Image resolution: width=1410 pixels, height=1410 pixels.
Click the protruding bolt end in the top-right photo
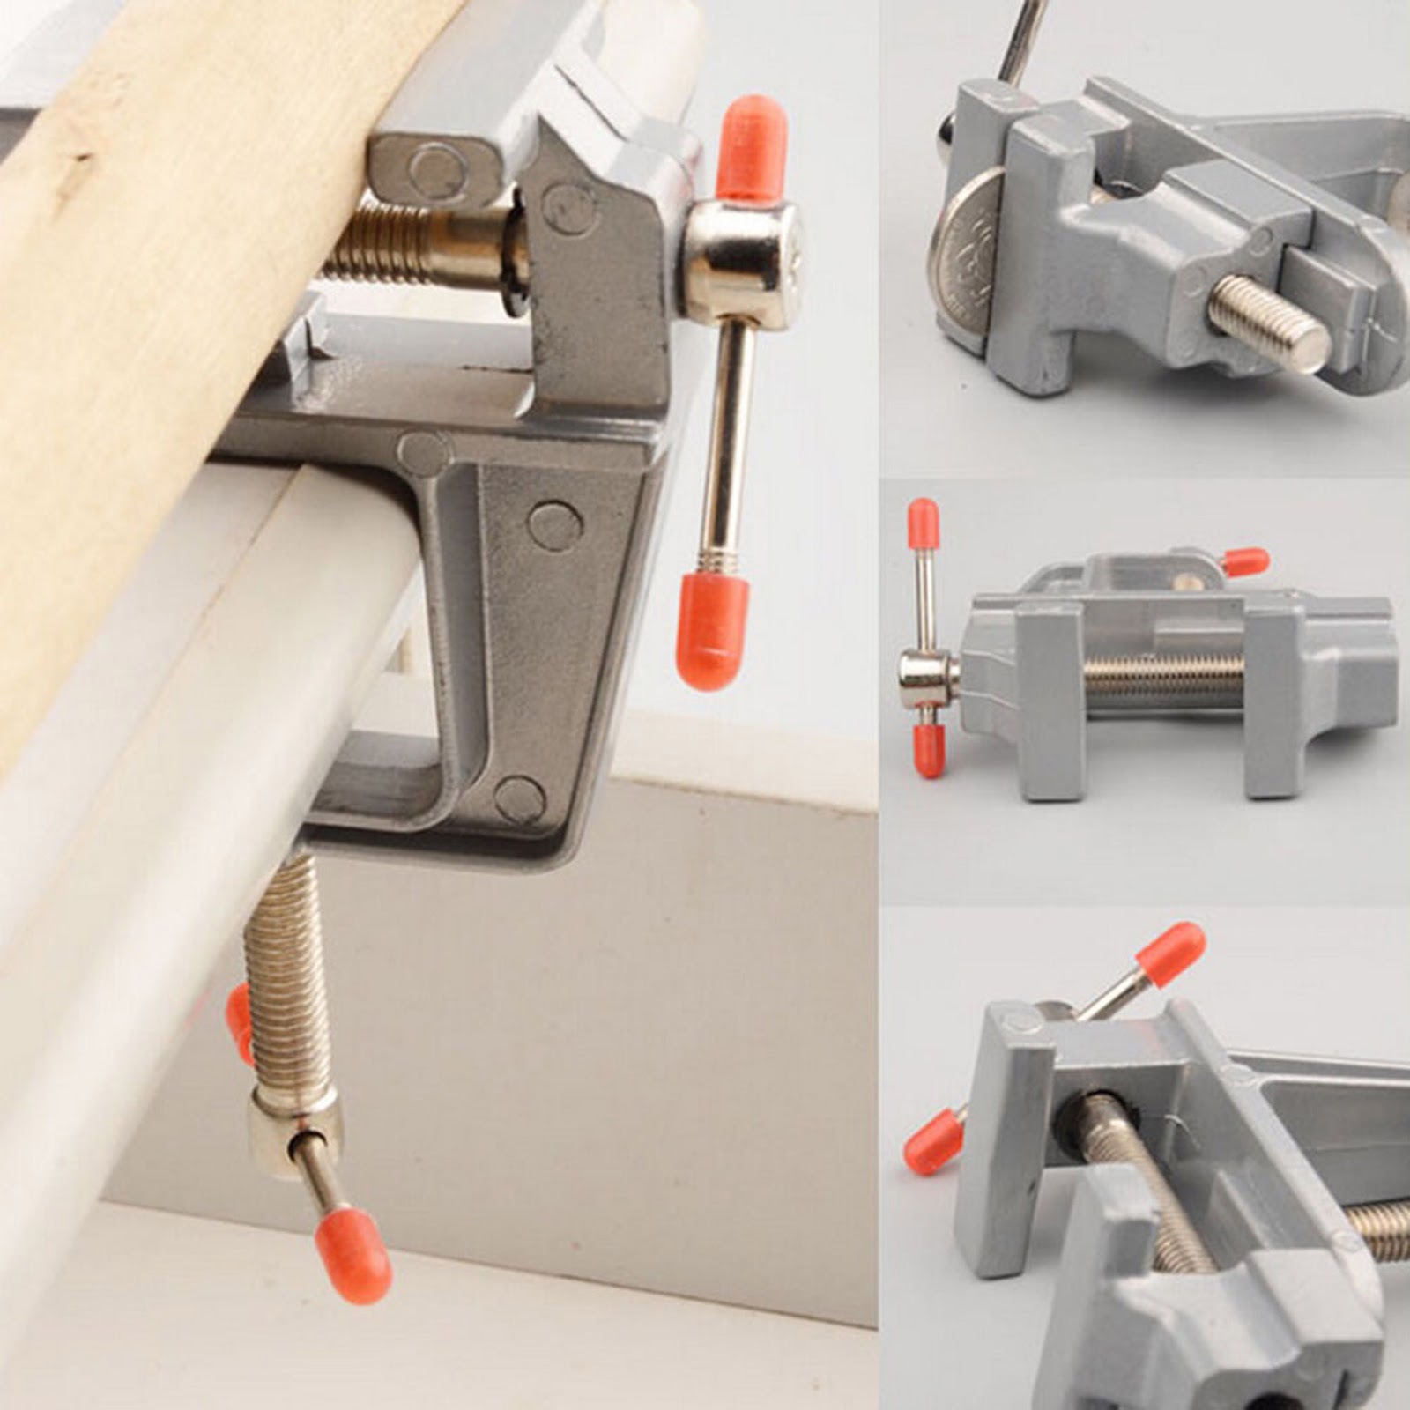tap(1269, 323)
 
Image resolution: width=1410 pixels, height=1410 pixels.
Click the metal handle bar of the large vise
tap(731, 441)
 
